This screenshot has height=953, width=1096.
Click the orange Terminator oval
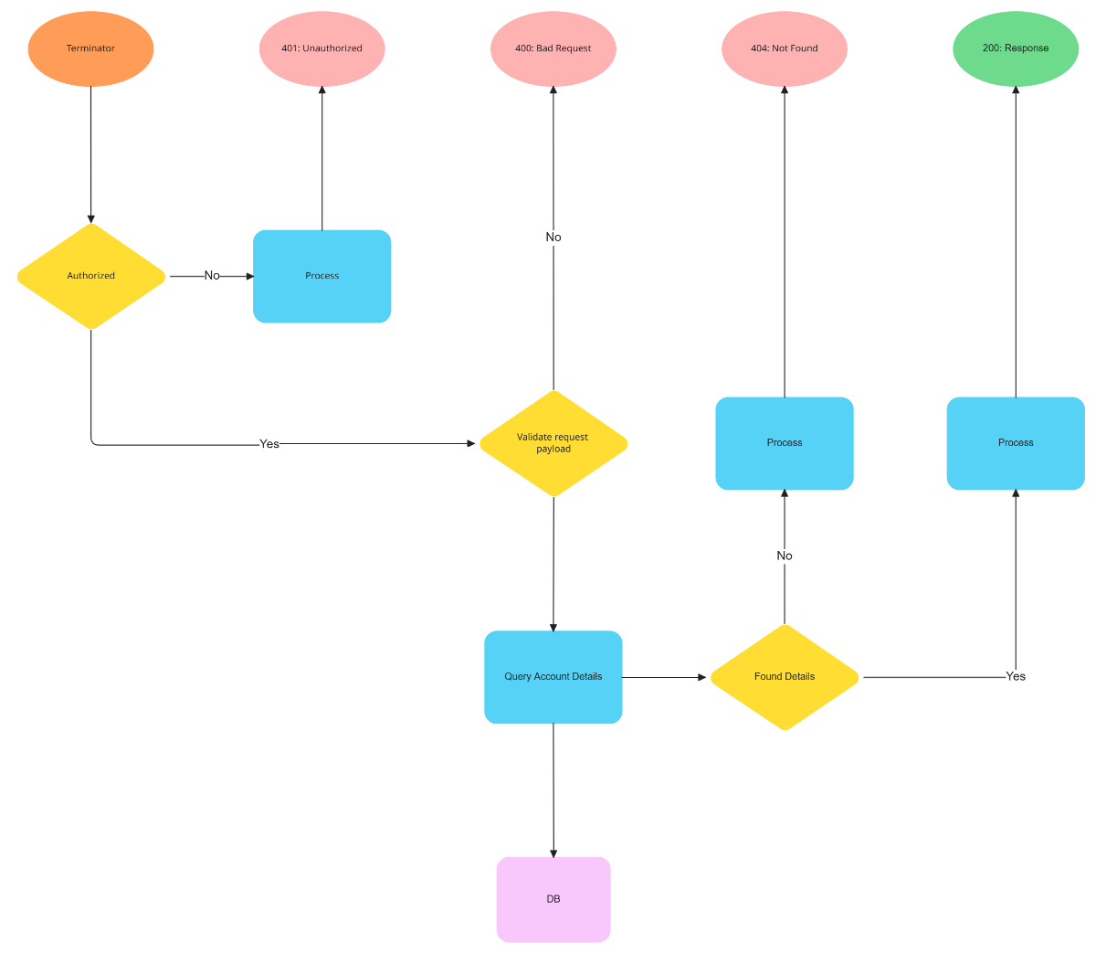click(x=90, y=48)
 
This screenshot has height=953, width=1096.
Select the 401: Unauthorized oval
click(x=321, y=48)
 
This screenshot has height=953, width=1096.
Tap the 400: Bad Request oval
click(x=553, y=48)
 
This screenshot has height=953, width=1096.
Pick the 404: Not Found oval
click(x=784, y=48)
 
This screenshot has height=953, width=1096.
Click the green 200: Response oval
click(x=1015, y=48)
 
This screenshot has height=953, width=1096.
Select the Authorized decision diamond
click(x=91, y=276)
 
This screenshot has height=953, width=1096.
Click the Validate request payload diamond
click(x=553, y=443)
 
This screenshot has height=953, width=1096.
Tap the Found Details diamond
click(x=785, y=677)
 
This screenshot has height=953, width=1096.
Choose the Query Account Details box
click(x=553, y=677)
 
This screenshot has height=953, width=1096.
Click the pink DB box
click(x=553, y=899)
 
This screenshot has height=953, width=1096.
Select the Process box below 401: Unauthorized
click(x=321, y=276)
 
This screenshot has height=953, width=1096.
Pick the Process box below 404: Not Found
click(x=785, y=443)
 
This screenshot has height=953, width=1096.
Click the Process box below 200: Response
click(x=1016, y=443)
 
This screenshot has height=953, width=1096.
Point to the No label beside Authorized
click(x=212, y=276)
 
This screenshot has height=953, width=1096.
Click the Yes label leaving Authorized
click(x=269, y=444)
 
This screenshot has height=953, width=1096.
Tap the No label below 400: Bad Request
click(x=553, y=238)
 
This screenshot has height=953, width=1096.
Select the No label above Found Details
click(x=785, y=556)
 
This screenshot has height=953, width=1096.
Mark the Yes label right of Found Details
click(x=1016, y=677)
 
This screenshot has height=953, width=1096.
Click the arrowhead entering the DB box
click(x=553, y=852)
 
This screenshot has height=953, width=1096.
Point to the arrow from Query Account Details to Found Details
click(x=665, y=678)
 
